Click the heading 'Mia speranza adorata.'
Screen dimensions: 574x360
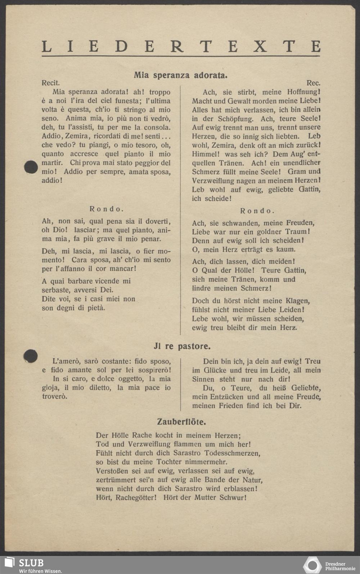pyautogui.click(x=180, y=75)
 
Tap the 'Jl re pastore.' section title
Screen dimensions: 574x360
pyautogui.click(x=182, y=346)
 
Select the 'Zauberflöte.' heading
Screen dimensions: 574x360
pyautogui.click(x=181, y=422)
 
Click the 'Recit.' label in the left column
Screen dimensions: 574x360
pyautogui.click(x=51, y=83)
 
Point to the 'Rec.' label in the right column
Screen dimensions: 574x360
pyautogui.click(x=313, y=83)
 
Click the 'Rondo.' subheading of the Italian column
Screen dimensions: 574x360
pyautogui.click(x=107, y=209)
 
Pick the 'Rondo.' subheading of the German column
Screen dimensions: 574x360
pyautogui.click(x=257, y=211)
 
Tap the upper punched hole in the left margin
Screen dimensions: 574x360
pyautogui.click(x=31, y=167)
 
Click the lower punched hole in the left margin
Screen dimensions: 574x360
pyautogui.click(x=31, y=356)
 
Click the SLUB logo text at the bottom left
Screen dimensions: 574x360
pyautogui.click(x=31, y=563)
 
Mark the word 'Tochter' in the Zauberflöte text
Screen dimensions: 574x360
pyautogui.click(x=169, y=462)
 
